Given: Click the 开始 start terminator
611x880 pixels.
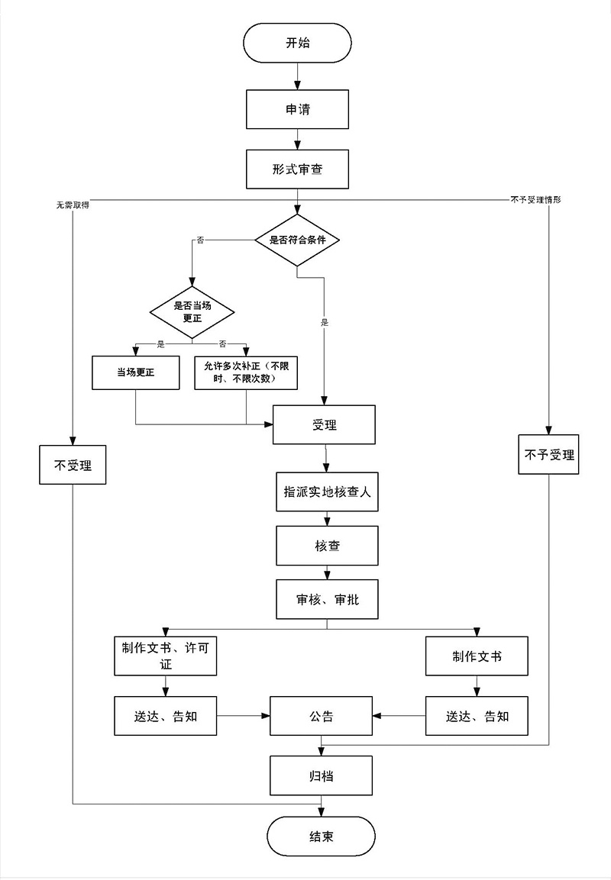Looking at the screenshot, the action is (297, 43).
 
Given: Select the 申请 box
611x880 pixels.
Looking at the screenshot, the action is (297, 109).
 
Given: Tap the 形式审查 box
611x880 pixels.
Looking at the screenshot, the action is (297, 169).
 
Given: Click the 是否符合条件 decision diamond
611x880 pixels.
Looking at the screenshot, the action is (297, 240).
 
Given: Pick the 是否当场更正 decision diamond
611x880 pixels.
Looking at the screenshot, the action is (192, 312).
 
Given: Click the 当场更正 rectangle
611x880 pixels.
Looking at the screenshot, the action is (136, 372).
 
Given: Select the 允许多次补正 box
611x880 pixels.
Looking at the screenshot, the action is (246, 372).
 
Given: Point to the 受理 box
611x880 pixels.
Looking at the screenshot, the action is (324, 425).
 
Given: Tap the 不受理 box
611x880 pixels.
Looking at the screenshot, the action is (73, 465).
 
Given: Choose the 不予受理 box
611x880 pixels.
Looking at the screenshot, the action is (548, 455).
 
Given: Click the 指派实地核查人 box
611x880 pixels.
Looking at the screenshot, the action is (327, 492).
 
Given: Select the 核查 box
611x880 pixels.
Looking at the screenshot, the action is (327, 546).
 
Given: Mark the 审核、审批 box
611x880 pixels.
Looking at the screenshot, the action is (327, 599).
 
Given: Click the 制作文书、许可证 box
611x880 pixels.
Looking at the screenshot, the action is (166, 656).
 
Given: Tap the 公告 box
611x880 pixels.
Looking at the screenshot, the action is (322, 716).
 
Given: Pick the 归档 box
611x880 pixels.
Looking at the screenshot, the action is (322, 775).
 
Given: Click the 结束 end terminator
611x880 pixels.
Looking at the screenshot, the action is (322, 836).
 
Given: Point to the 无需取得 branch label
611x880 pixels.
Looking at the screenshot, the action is (73, 205).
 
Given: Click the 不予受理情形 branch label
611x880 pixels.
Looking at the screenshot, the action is (535, 200).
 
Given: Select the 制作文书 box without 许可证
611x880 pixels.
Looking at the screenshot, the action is (477, 656).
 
